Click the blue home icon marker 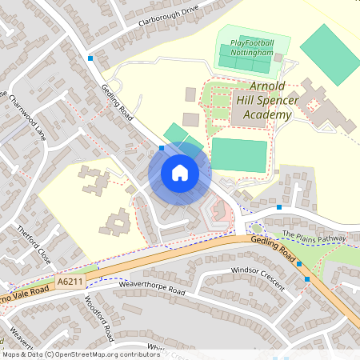180,173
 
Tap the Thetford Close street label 34,245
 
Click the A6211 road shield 70,282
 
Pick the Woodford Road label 99,314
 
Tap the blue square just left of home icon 162,148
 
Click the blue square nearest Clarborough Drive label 90,58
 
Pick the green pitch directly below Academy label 238,154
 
